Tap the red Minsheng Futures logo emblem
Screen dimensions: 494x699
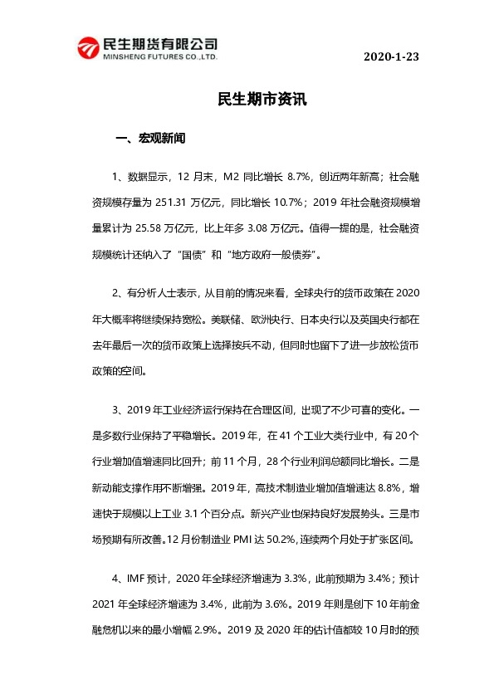point(86,48)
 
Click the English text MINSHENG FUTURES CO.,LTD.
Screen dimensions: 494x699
point(159,59)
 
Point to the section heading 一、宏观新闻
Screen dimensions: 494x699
point(151,139)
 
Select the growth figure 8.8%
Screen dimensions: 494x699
point(378,486)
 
